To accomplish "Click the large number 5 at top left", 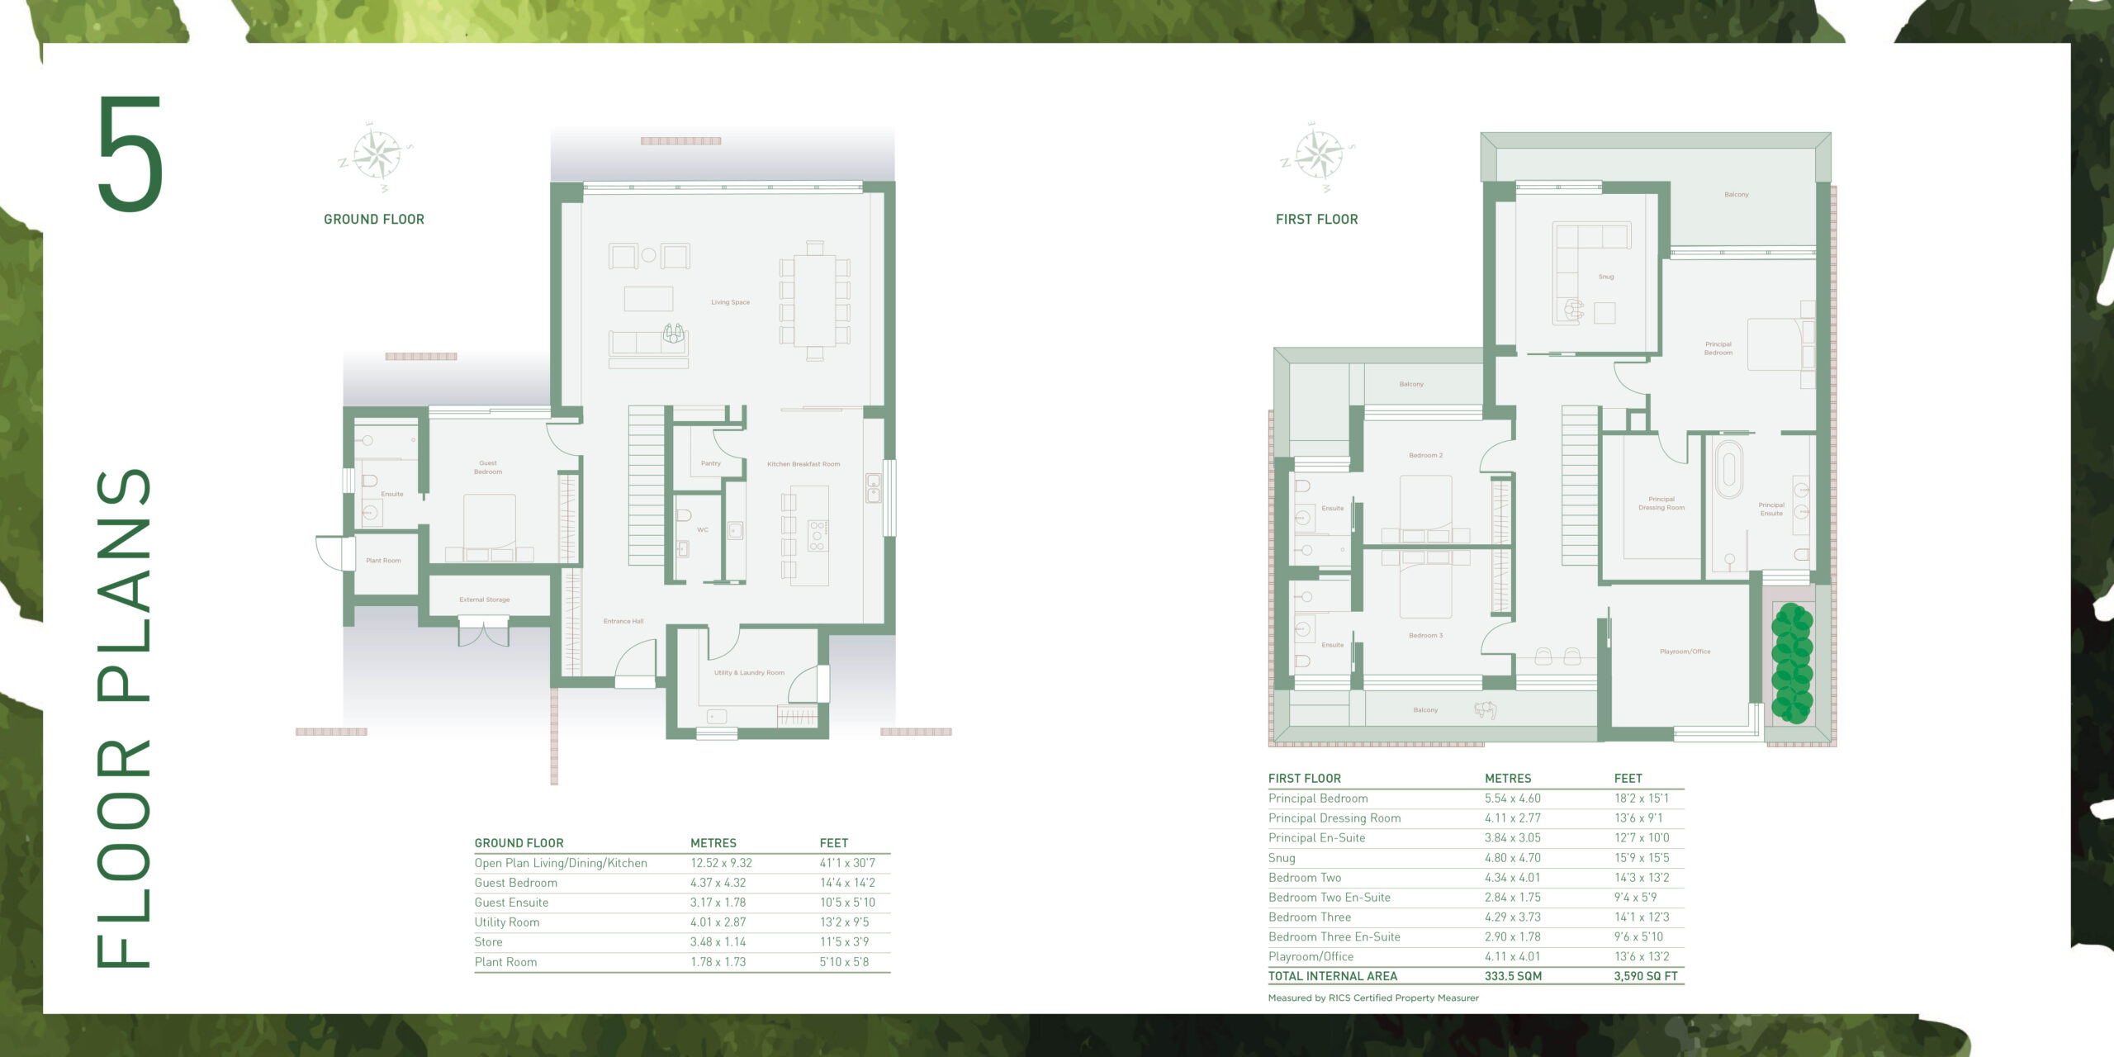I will (x=130, y=154).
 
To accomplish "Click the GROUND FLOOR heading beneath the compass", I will (x=373, y=220).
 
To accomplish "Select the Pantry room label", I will (x=710, y=463).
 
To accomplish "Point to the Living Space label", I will (x=730, y=302).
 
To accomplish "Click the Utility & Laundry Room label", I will (x=749, y=673).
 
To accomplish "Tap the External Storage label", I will (x=484, y=600).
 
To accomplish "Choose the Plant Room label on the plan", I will (x=383, y=561).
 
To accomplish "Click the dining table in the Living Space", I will (x=814, y=301).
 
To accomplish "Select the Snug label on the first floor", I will (x=1605, y=277).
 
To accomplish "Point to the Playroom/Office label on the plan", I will (x=1685, y=652).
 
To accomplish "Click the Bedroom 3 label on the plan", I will (x=1425, y=635).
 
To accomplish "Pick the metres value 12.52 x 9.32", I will (x=721, y=863).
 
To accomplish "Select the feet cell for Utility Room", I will (x=844, y=922).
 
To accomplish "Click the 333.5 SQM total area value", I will (x=1513, y=976).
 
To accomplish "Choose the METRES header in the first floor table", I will (x=1508, y=779).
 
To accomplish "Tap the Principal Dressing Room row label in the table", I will (x=1334, y=818).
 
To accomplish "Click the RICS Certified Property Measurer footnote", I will (x=1373, y=998).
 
